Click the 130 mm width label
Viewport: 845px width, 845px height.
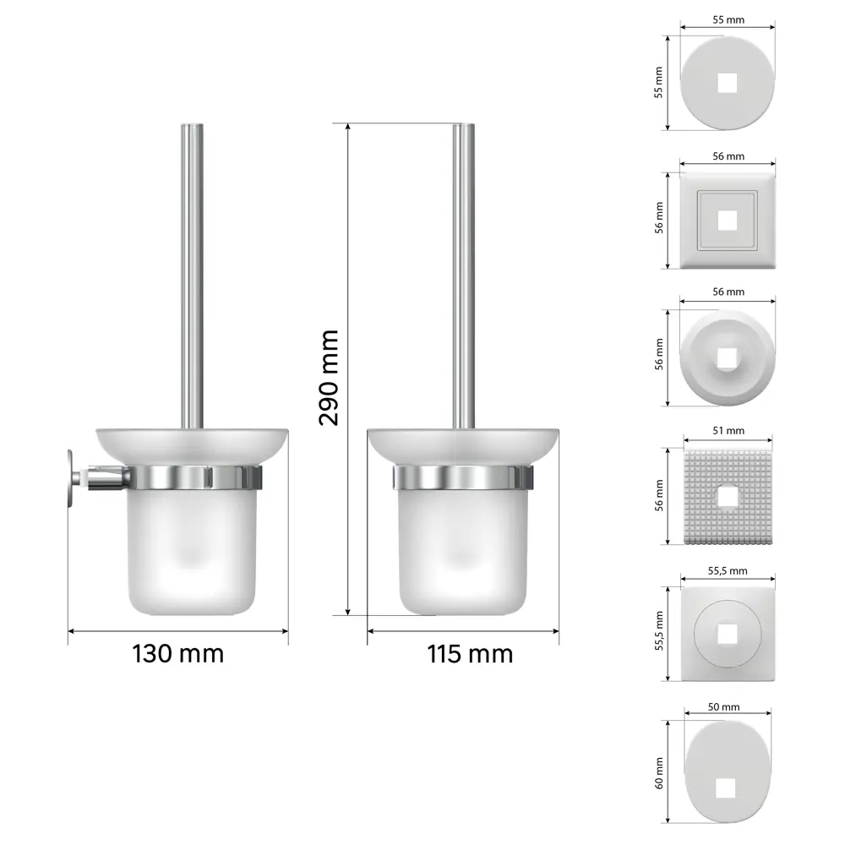pos(177,653)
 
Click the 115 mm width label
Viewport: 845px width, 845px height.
pos(470,653)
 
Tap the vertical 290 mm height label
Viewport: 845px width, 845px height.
pos(329,377)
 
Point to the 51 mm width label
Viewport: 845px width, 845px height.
pos(728,430)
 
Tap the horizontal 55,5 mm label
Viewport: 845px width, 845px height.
pos(728,570)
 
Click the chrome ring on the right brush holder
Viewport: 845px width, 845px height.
pos(463,477)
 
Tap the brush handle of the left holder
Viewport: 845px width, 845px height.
pos(193,270)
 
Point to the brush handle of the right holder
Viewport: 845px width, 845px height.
pos(463,270)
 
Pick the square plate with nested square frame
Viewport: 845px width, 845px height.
pos(728,221)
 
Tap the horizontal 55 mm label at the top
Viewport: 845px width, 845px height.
pos(728,17)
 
